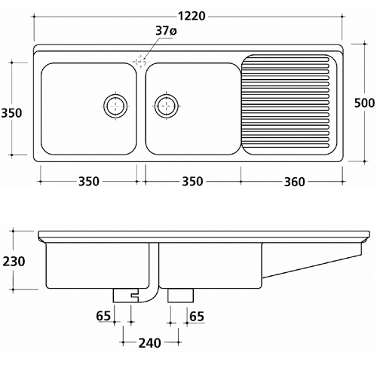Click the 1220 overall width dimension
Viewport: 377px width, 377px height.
click(x=192, y=17)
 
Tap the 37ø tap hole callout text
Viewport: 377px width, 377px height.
click(x=166, y=31)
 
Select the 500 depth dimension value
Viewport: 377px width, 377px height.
click(x=364, y=103)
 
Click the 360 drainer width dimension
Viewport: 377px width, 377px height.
click(x=294, y=182)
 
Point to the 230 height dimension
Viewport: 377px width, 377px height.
click(x=14, y=262)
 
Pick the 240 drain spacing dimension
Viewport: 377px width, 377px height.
click(x=150, y=343)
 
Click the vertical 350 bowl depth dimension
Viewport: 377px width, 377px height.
click(x=11, y=113)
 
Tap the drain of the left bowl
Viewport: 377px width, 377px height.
click(x=115, y=106)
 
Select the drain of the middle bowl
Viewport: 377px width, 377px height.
click(x=167, y=106)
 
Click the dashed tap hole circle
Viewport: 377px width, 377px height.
click(x=140, y=61)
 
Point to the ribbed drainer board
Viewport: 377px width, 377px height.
click(x=289, y=105)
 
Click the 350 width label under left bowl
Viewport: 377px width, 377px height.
click(x=89, y=182)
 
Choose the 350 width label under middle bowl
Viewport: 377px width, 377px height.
click(x=192, y=182)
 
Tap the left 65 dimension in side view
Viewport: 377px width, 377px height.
click(x=103, y=316)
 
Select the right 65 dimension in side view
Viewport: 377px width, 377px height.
click(x=197, y=317)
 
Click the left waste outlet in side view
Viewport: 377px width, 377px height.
click(x=125, y=296)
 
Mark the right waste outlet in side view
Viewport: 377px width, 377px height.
click(x=181, y=296)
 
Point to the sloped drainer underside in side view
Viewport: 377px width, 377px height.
click(x=312, y=266)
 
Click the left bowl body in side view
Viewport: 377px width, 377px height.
click(x=97, y=265)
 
